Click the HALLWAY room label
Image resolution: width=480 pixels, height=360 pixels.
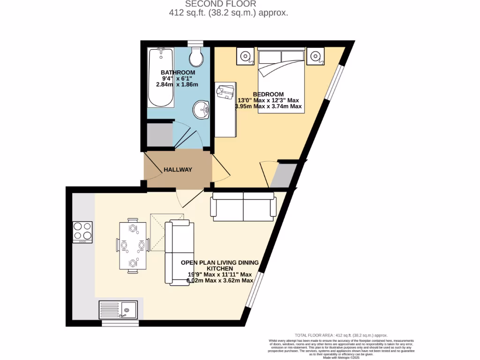(x=178, y=170)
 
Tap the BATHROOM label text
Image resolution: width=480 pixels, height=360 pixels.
(x=178, y=72)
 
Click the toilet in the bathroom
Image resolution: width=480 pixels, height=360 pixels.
(x=196, y=57)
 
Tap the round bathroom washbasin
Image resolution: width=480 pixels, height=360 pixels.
(x=201, y=110)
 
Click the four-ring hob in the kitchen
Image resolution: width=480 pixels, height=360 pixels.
(x=82, y=232)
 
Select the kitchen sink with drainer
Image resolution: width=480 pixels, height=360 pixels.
(x=118, y=310)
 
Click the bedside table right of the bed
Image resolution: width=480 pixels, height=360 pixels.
(x=315, y=57)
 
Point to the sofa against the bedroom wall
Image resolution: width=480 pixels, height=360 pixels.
(x=244, y=207)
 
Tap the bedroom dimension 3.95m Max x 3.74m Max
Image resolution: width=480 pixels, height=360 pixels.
(x=269, y=106)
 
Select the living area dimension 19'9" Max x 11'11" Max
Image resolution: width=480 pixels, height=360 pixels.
(x=220, y=274)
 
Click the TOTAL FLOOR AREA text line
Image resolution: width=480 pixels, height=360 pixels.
(x=341, y=335)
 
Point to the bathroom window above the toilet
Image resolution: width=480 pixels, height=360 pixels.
(x=195, y=44)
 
